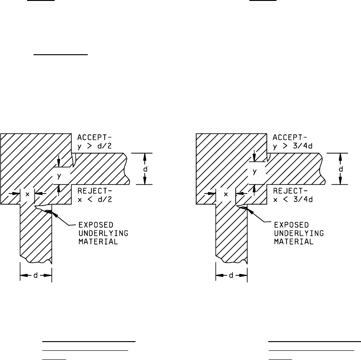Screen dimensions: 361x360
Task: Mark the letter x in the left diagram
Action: click(x=28, y=194)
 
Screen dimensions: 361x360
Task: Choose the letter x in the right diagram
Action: click(x=226, y=194)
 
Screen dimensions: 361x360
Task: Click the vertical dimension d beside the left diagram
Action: click(x=145, y=168)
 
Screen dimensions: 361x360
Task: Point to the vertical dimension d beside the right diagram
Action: click(x=340, y=169)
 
